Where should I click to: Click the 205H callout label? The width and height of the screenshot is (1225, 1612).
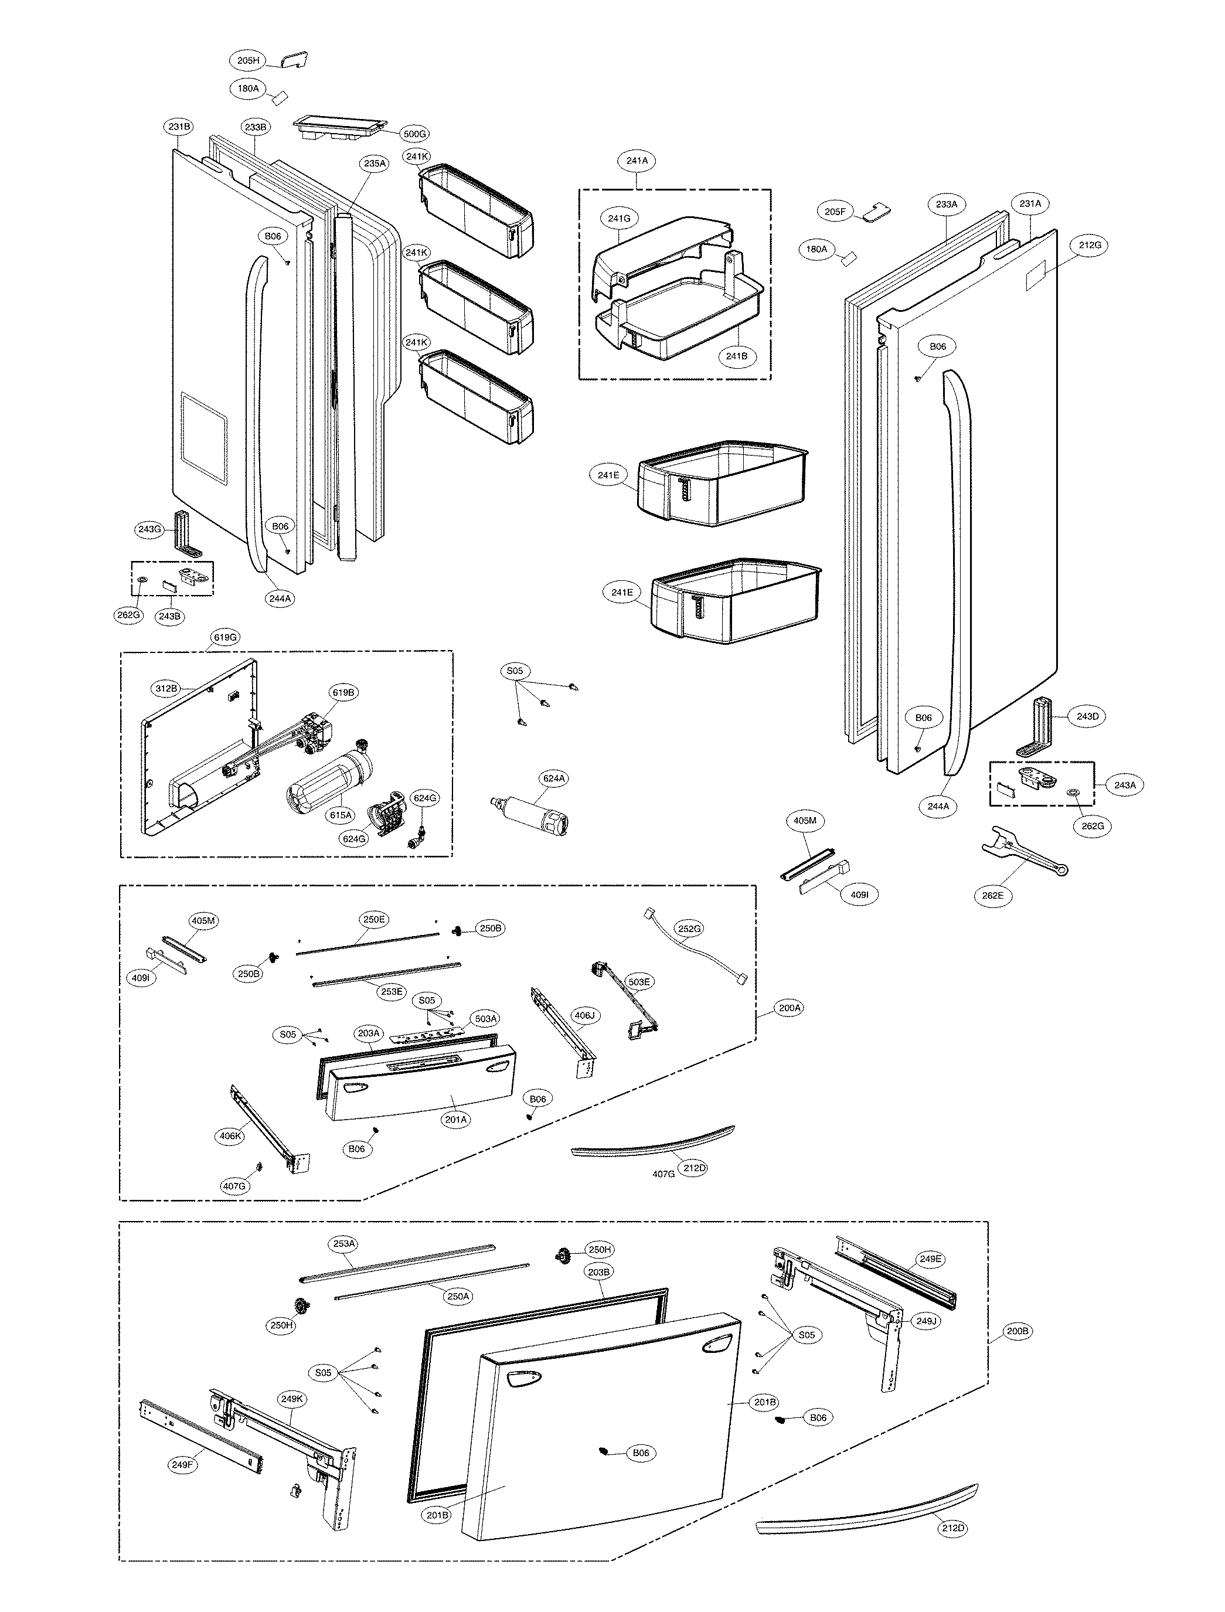248,60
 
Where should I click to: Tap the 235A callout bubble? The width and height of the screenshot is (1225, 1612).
374,164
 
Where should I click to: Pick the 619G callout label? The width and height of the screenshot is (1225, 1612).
224,637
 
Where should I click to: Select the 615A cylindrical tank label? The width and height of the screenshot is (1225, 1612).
340,815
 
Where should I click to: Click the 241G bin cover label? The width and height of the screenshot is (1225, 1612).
619,218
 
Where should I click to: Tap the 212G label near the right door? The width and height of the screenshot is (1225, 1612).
1090,246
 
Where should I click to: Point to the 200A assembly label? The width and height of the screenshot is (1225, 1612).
790,1008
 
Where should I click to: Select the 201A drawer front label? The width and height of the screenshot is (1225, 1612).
456,1119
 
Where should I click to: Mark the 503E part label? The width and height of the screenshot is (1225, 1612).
638,982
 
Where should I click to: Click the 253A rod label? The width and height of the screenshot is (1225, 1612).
343,1244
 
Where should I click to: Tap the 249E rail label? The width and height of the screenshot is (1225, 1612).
930,1259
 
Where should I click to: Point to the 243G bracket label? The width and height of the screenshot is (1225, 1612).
149,529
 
